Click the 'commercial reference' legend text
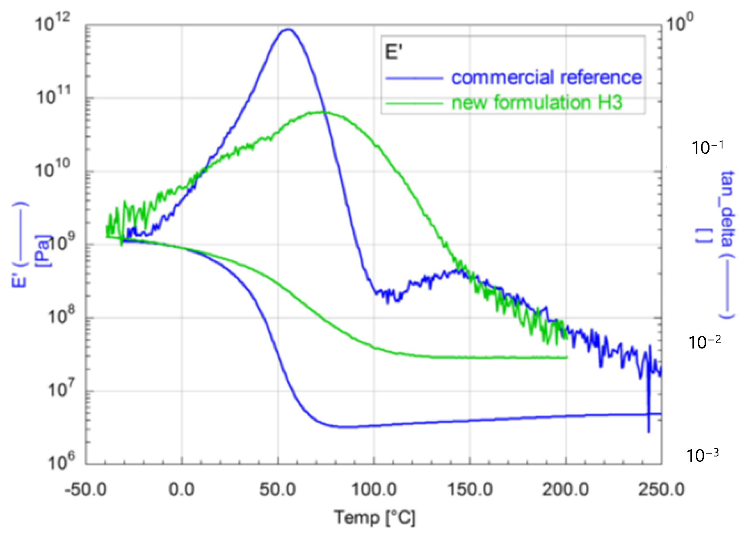click(x=546, y=77)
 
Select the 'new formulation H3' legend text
click(x=537, y=103)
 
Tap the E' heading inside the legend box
click(x=393, y=53)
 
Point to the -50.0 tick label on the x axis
click(x=86, y=489)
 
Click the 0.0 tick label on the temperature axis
click(x=181, y=489)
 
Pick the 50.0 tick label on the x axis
click(x=278, y=489)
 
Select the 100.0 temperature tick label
click(x=374, y=489)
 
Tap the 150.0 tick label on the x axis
click(x=470, y=489)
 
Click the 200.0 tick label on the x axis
click(x=565, y=489)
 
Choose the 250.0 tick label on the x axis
click(x=661, y=489)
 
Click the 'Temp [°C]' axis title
click(x=375, y=518)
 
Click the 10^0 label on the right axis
click(x=679, y=22)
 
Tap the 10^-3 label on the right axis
click(x=702, y=455)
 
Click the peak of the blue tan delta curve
click(x=288, y=29)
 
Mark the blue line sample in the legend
click(x=414, y=78)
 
